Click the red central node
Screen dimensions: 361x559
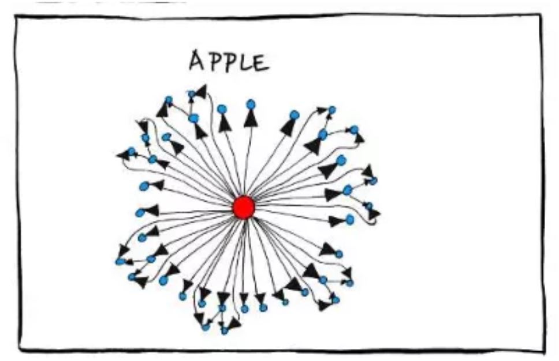244,207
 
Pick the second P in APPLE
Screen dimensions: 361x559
232,62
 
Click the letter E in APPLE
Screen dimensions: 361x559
261,62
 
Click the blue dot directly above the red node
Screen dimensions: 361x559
250,104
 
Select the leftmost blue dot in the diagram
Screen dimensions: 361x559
120,261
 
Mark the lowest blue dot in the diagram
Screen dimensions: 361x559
224,331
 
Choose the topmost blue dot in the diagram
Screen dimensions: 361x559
192,94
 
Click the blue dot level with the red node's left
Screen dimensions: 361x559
139,213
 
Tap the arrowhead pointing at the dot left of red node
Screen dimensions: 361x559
151,211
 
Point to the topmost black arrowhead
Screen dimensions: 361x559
200,91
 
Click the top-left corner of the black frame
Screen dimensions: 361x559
16,17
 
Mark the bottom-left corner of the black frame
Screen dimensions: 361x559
20,348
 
